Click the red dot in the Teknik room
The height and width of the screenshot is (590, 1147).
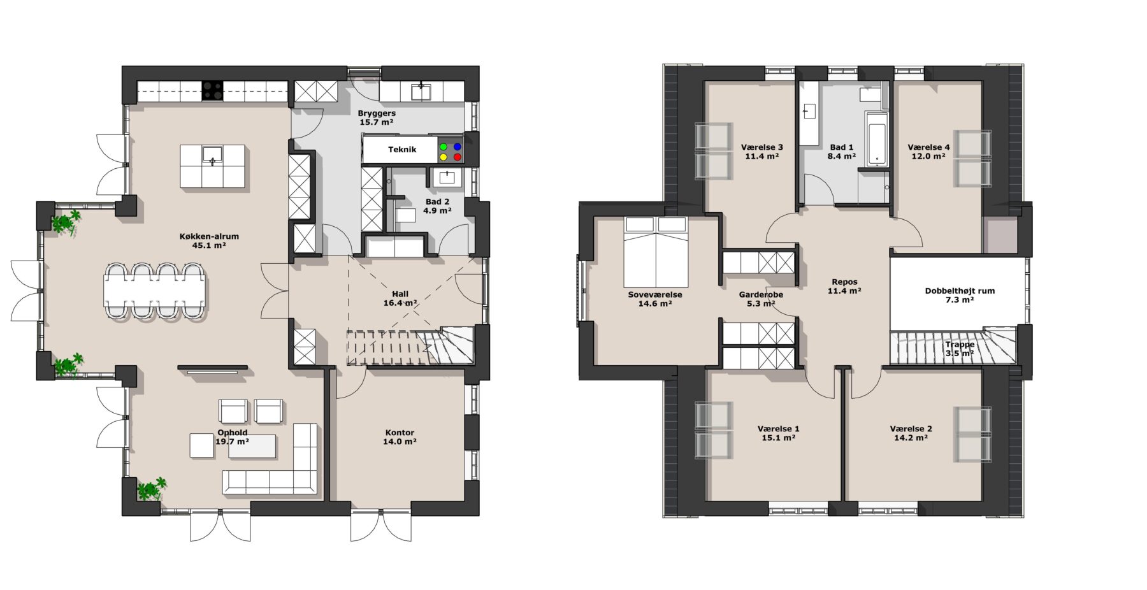pyautogui.click(x=457, y=157)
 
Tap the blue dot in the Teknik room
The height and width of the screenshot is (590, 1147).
pyautogui.click(x=457, y=147)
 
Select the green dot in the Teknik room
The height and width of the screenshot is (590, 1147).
pyautogui.click(x=444, y=147)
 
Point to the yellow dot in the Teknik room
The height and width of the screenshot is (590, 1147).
pyautogui.click(x=444, y=157)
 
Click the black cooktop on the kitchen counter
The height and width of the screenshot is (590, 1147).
pyautogui.click(x=213, y=90)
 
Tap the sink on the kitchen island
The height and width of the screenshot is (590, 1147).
pyautogui.click(x=212, y=155)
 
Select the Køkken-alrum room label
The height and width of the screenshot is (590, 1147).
pyautogui.click(x=209, y=236)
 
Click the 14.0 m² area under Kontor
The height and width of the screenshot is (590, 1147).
pyautogui.click(x=400, y=442)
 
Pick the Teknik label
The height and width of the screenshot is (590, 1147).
pyautogui.click(x=402, y=150)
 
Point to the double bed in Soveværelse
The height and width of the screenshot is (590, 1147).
pyautogui.click(x=656, y=252)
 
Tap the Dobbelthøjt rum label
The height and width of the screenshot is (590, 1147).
pyautogui.click(x=960, y=291)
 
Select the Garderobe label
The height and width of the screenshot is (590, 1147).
pyautogui.click(x=761, y=295)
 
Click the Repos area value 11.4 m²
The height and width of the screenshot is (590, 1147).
pyautogui.click(x=844, y=291)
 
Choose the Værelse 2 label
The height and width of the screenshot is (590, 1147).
pyautogui.click(x=911, y=429)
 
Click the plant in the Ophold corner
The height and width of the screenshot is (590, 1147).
pyautogui.click(x=151, y=488)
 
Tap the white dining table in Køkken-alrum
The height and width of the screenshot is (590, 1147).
pyautogui.click(x=155, y=291)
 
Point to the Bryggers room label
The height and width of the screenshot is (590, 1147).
pyautogui.click(x=377, y=113)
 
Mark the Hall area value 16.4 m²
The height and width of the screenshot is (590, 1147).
pyautogui.click(x=400, y=303)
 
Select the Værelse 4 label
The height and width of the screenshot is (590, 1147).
pyautogui.click(x=928, y=147)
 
